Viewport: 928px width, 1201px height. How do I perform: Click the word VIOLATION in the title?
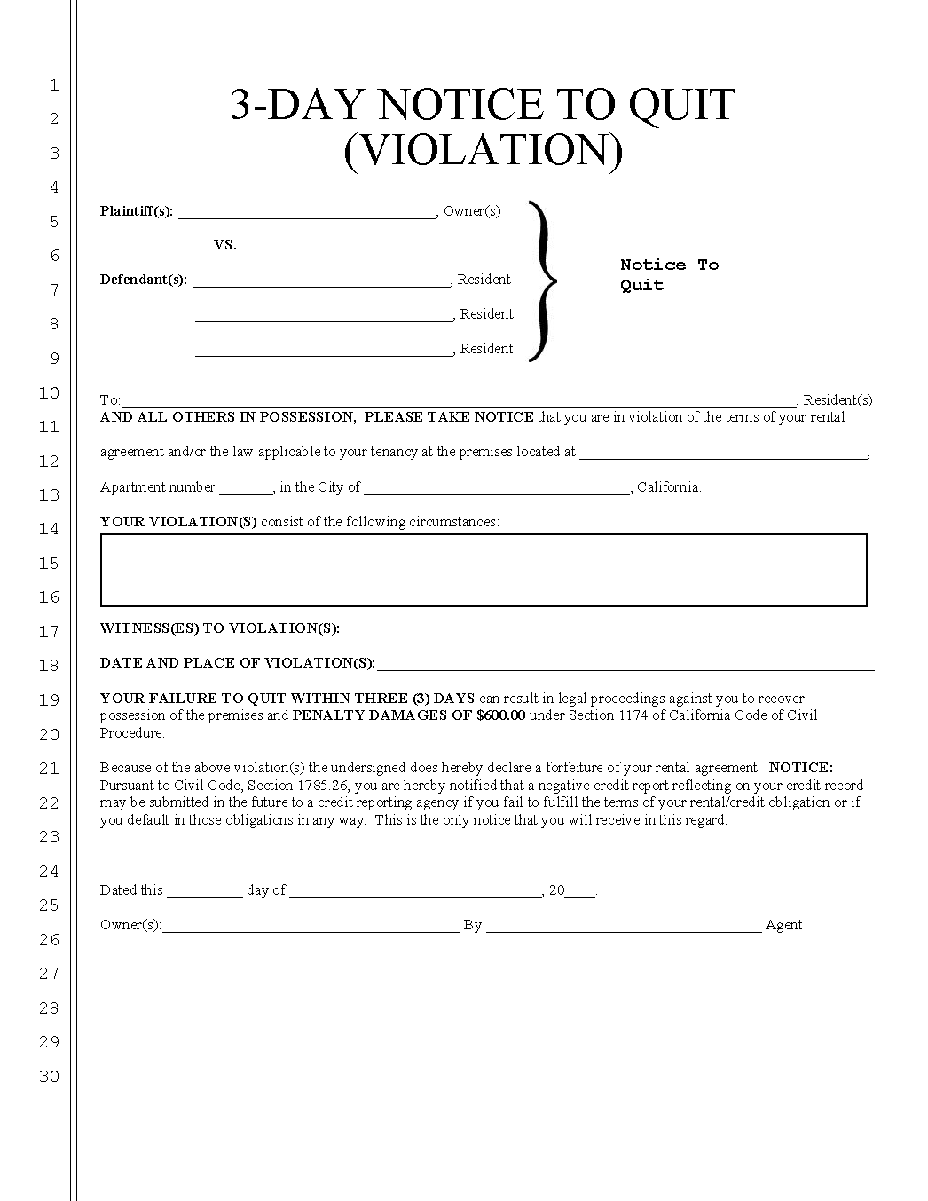click(483, 150)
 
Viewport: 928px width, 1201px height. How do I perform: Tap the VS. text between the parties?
click(225, 245)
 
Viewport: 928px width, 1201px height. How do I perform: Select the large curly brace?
click(542, 281)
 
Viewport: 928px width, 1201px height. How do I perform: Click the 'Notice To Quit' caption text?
click(668, 274)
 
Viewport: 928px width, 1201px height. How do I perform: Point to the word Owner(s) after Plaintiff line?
click(472, 211)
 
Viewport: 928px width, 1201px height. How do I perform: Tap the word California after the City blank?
click(669, 487)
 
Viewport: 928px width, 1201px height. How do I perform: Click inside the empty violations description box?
click(484, 570)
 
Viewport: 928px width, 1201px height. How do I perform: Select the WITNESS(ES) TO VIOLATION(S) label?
click(219, 628)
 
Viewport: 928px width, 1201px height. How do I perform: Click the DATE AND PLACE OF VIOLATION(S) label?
click(237, 663)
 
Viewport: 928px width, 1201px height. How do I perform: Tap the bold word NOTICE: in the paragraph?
click(801, 768)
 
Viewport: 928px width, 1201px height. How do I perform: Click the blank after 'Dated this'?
click(204, 892)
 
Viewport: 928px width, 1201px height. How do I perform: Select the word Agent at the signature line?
click(783, 925)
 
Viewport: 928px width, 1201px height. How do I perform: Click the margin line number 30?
click(50, 1077)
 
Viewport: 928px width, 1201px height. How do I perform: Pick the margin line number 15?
click(50, 564)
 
